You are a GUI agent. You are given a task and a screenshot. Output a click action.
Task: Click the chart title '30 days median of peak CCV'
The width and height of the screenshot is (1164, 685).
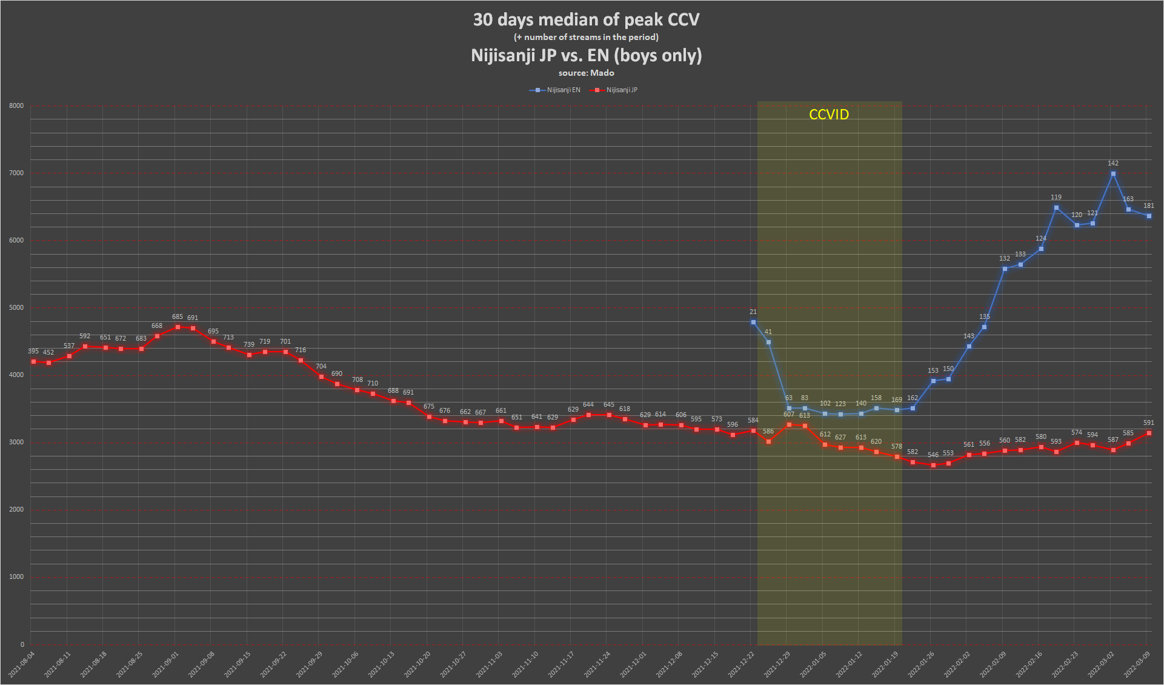click(586, 20)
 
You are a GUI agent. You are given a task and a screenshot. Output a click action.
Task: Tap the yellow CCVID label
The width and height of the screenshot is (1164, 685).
click(828, 115)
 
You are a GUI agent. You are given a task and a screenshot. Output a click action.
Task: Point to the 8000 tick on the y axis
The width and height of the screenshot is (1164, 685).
click(16, 106)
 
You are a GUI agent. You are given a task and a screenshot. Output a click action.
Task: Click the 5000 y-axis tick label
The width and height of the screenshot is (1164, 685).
click(16, 308)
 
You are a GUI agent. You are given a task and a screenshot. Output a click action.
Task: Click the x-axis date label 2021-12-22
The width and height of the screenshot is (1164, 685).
click(742, 664)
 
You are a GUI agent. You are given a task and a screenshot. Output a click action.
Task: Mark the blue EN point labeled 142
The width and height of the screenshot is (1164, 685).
click(1113, 174)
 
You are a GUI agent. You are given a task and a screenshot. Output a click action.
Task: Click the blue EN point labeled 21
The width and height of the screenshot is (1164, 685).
click(753, 322)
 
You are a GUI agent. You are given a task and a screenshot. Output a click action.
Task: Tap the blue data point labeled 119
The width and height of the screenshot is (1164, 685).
click(1056, 208)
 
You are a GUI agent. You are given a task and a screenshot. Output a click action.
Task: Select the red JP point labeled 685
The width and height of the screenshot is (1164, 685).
click(178, 327)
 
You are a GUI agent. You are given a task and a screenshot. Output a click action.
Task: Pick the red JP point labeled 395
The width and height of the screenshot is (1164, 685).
click(33, 362)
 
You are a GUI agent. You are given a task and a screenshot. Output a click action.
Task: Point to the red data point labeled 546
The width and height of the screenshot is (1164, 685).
click(933, 466)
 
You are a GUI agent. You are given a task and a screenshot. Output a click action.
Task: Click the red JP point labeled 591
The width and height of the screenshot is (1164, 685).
click(1149, 433)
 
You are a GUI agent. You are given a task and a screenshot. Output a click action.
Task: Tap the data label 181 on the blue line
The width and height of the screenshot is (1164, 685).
click(1148, 206)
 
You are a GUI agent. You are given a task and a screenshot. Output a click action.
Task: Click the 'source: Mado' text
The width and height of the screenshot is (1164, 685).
click(586, 73)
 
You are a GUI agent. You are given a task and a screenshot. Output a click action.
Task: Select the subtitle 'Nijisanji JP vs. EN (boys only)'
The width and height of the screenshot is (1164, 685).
click(586, 56)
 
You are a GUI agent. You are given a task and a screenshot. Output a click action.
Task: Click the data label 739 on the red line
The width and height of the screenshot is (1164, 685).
click(249, 345)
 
